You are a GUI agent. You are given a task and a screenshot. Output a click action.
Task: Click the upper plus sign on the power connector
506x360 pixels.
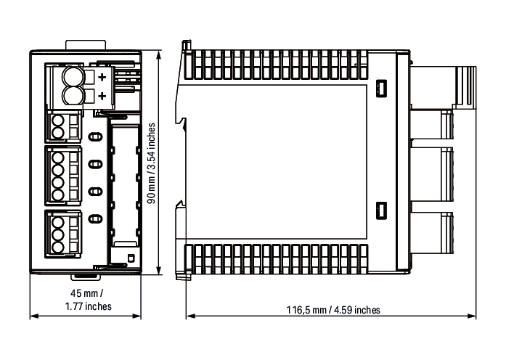(102, 77)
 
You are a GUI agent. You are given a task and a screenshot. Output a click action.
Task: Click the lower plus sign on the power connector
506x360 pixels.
(102, 96)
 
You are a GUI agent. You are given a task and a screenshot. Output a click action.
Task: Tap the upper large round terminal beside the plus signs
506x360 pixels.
(73, 76)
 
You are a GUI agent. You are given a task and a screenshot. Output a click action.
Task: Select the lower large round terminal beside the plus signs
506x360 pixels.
(73, 96)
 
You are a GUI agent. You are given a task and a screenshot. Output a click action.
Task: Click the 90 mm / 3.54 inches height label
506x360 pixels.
(151, 163)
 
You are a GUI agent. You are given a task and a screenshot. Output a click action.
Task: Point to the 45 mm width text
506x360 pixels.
(87, 293)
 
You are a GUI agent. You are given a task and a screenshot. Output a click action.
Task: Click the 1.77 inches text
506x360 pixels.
(88, 306)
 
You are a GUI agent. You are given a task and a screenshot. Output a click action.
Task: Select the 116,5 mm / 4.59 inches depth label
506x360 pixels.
(333, 310)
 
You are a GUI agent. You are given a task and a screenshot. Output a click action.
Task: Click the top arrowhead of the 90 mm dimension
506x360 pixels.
(158, 54)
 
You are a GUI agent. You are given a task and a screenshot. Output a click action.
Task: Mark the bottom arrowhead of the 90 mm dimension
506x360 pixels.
(158, 271)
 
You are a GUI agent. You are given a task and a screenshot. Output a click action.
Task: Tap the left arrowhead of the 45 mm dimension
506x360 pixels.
(34, 316)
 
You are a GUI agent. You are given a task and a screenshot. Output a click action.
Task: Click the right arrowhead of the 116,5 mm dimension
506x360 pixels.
(472, 316)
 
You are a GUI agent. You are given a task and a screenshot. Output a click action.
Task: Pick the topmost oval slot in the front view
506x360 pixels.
(95, 137)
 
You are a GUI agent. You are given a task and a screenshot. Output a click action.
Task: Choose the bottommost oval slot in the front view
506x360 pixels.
(95, 219)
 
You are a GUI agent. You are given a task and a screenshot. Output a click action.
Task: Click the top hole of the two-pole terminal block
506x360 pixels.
(58, 121)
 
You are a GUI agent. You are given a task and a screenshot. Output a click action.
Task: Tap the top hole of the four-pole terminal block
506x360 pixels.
(58, 157)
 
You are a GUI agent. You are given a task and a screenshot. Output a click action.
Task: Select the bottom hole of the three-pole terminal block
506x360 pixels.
(58, 247)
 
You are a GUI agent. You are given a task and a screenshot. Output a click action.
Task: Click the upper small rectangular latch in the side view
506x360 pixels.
(381, 88)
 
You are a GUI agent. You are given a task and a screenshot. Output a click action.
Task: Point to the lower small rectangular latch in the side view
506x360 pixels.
(381, 211)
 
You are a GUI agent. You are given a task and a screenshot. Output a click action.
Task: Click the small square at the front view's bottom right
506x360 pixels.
(131, 258)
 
